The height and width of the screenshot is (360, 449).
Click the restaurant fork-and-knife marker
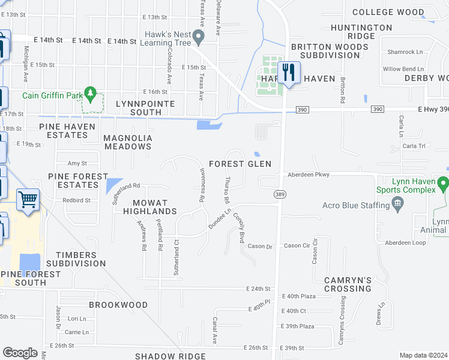click(289, 73)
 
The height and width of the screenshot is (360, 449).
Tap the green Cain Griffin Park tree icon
click(91, 94)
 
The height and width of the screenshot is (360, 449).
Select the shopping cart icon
click(28, 199)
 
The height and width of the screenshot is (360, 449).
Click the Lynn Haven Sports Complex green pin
click(444, 182)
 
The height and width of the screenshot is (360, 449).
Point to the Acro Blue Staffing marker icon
click(397, 206)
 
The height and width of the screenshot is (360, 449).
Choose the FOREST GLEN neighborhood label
click(240, 164)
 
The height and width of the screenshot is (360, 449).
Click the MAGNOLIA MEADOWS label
click(128, 142)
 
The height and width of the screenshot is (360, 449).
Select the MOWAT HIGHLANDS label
click(150, 207)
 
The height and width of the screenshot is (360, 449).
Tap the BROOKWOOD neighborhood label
click(118, 305)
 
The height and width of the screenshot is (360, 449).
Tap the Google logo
click(20, 352)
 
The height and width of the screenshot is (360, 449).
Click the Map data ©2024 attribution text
click(423, 355)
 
